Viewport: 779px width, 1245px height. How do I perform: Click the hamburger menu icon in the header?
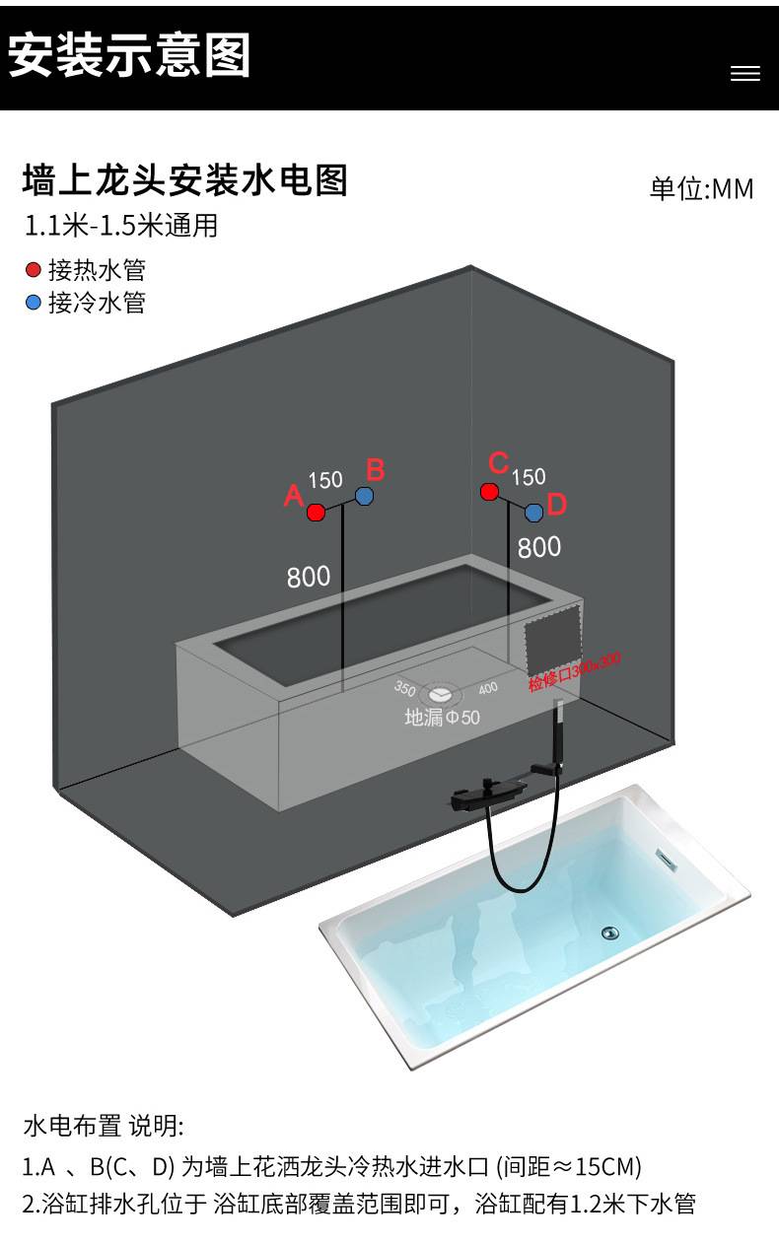pyautogui.click(x=744, y=74)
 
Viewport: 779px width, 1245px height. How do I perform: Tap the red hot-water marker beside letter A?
pyautogui.click(x=316, y=512)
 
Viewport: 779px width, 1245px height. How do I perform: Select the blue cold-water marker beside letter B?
pyautogui.click(x=364, y=496)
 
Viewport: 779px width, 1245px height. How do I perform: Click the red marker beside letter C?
pyautogui.click(x=489, y=491)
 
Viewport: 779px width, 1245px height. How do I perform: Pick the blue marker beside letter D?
pyautogui.click(x=533, y=513)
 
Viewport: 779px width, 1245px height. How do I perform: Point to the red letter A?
pyautogui.click(x=293, y=496)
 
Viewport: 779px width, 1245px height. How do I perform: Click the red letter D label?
pyautogui.click(x=557, y=505)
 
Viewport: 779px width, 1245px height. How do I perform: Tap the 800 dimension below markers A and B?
pyautogui.click(x=309, y=577)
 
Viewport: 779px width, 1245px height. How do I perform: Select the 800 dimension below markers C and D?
pyautogui.click(x=539, y=547)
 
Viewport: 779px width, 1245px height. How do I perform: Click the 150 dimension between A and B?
pyautogui.click(x=325, y=481)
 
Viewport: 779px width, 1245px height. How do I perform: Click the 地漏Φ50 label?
pyautogui.click(x=442, y=718)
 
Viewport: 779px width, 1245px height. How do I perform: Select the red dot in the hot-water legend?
pyautogui.click(x=34, y=270)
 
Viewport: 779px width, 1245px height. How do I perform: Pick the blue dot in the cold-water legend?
pyautogui.click(x=34, y=303)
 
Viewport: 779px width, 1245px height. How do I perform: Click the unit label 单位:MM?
pyautogui.click(x=701, y=188)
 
